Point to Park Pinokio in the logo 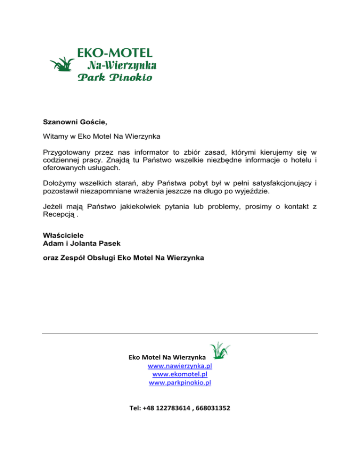pos(114,77)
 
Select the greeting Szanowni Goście pos(75,123)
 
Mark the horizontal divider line pos(180,333)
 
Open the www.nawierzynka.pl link pos(180,366)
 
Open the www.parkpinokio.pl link pos(180,383)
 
